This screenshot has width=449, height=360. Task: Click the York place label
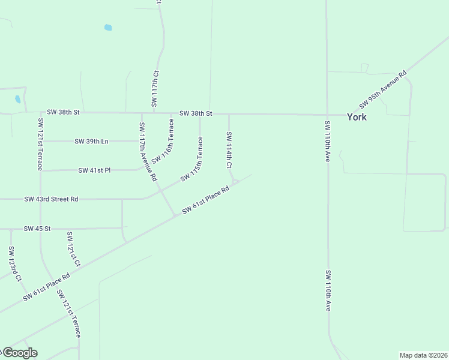pos(357,117)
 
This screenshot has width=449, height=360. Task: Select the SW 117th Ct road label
pos(155,89)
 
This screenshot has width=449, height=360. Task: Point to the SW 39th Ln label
pos(91,142)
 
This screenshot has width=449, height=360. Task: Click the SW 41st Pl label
pos(94,170)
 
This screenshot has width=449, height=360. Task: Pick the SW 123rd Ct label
pos(15,263)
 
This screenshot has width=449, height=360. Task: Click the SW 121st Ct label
pos(73,249)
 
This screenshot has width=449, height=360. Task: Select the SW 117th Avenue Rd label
pos(148,152)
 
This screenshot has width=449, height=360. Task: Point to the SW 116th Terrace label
pos(163,141)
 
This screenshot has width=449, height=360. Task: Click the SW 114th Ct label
pos(229,149)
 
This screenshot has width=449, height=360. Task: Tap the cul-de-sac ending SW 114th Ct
pos(235,181)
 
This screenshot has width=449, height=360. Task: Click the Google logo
pos(19,353)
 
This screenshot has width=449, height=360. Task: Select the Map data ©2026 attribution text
pos(423,355)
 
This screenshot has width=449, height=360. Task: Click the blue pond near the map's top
pos(108,27)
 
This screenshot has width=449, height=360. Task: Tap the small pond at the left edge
pos(17,99)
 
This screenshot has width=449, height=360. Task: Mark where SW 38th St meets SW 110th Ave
pos(327,114)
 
